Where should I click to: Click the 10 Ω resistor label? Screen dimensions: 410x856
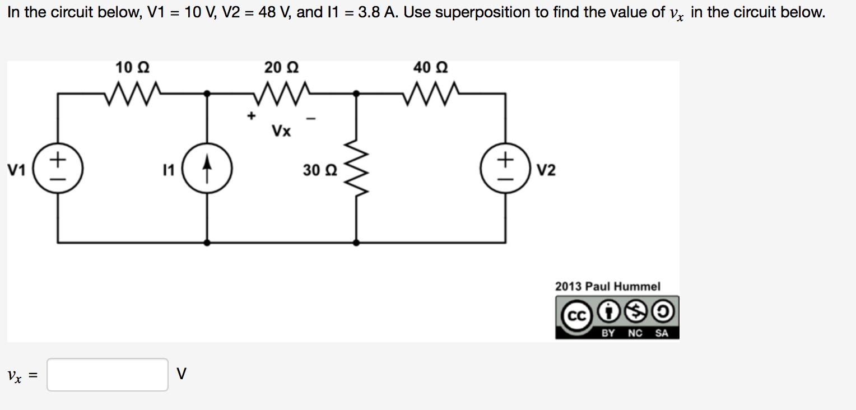tap(132, 68)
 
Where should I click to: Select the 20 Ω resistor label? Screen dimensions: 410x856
tap(281, 68)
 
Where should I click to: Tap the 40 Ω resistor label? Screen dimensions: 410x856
tap(430, 68)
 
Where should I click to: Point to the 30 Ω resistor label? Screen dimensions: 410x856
tap(320, 170)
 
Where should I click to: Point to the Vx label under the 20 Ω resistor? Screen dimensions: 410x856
tap(281, 132)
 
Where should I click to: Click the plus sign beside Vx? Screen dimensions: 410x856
tap(252, 117)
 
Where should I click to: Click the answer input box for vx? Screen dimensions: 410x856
tap(108, 375)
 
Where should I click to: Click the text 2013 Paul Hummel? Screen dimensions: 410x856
tap(608, 286)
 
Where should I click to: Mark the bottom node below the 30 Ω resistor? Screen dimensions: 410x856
tap(357, 243)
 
